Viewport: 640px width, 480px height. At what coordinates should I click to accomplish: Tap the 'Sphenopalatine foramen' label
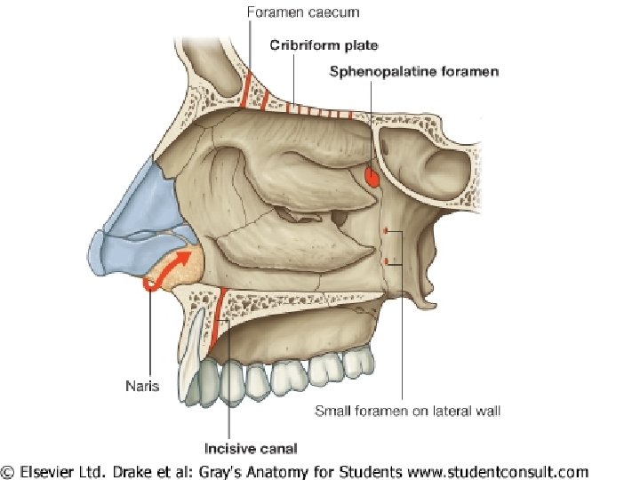pyautogui.click(x=414, y=71)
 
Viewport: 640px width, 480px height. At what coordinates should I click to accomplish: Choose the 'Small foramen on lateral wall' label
pyautogui.click(x=408, y=411)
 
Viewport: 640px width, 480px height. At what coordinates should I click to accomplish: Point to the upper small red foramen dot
pyautogui.click(x=385, y=232)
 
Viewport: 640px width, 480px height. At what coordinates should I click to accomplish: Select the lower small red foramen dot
pyautogui.click(x=385, y=261)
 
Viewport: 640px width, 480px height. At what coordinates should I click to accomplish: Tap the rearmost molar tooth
pyautogui.click(x=359, y=359)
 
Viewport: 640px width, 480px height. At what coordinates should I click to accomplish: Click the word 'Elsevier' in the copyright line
pyautogui.click(x=60, y=472)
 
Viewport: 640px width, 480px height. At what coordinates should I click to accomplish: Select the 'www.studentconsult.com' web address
pyautogui.click(x=503, y=472)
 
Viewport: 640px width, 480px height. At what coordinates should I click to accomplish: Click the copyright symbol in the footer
pyautogui.click(x=9, y=472)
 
